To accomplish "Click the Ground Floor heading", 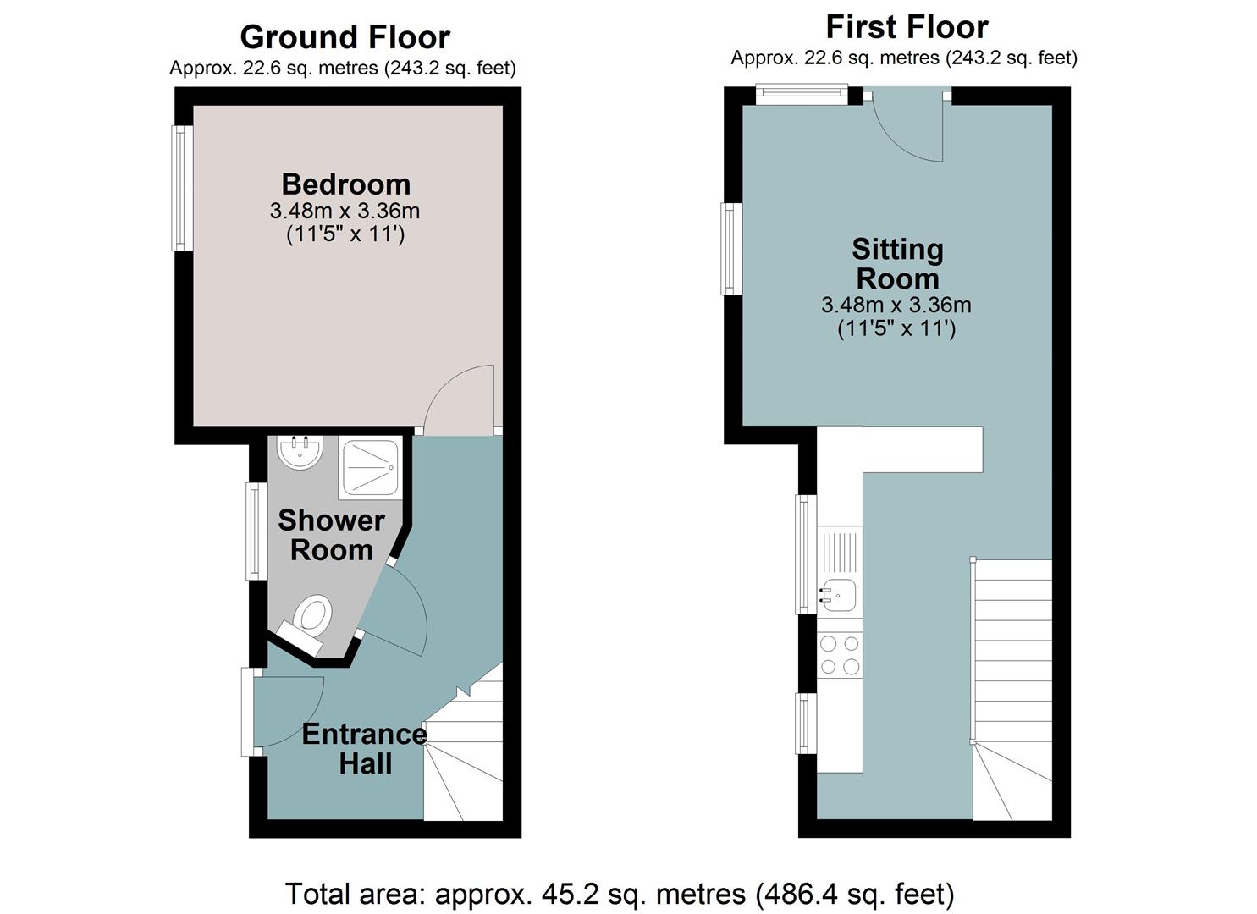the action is coord(345,37).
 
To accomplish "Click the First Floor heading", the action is coord(907,27).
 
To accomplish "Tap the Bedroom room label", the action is coord(345,184).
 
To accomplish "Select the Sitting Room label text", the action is coord(897,264).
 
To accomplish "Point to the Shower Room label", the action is coord(331,535).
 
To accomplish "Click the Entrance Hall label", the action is coord(365,748).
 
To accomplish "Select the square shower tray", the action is coord(371,468).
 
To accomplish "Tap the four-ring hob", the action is coord(840,655).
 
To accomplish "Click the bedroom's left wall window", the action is coord(182,188).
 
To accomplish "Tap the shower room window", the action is coord(256,531).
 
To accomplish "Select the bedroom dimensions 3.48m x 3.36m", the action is coord(345,211).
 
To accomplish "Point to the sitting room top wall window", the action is coord(801,94).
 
